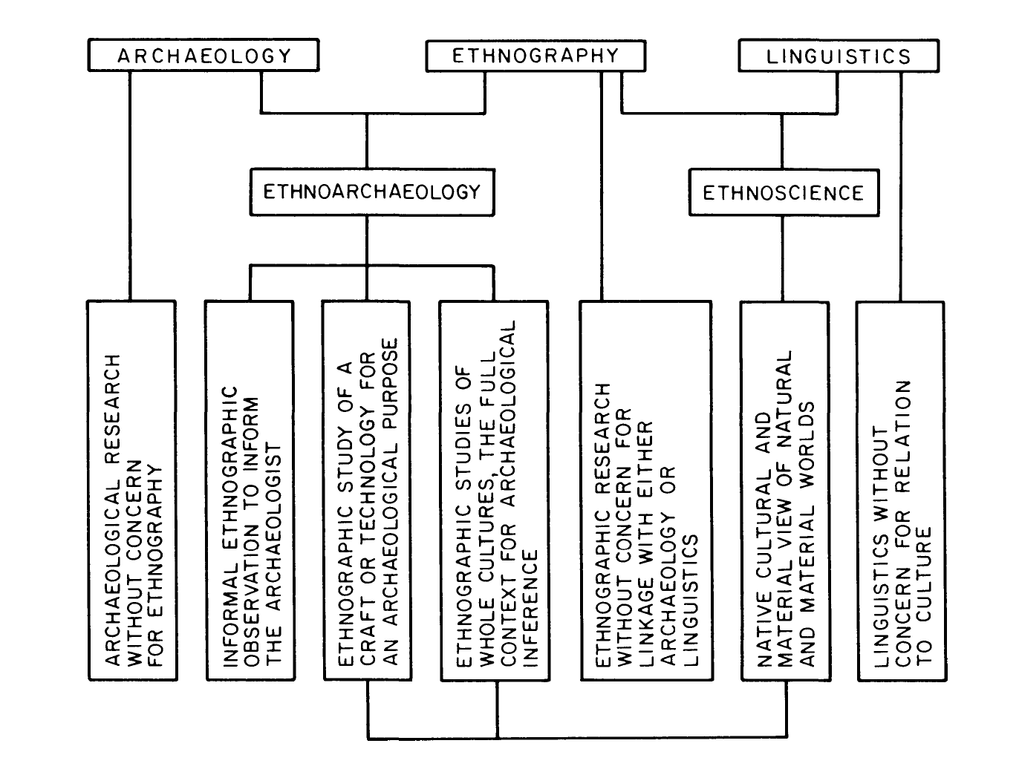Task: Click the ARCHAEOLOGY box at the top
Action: [x=203, y=56]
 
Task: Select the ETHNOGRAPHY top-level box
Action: [x=535, y=56]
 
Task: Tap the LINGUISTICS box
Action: [x=838, y=56]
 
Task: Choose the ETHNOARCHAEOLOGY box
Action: [x=371, y=192]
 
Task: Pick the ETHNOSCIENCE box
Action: [x=783, y=193]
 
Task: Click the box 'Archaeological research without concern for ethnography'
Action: [x=132, y=490]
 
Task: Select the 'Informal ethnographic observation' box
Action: [x=250, y=490]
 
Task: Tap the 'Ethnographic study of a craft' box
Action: [x=367, y=490]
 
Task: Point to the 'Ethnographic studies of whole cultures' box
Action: [x=495, y=490]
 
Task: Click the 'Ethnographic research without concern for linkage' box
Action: [x=645, y=490]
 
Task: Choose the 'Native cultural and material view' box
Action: [x=784, y=490]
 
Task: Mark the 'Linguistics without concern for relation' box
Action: [x=902, y=490]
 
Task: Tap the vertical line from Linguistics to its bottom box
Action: [x=902, y=186]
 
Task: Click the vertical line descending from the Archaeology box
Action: [x=130, y=186]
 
